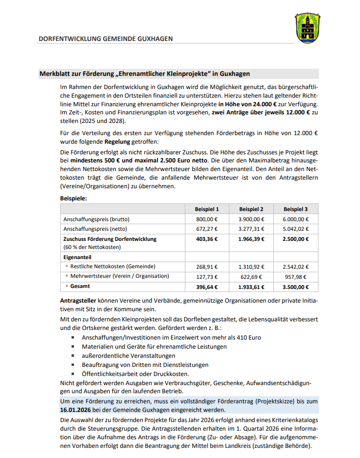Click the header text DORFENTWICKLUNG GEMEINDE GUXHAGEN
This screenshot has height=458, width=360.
click(106, 38)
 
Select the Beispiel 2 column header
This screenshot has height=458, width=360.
click(251, 209)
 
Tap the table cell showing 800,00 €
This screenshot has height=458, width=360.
click(207, 219)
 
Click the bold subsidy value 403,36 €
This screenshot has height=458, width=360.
click(207, 239)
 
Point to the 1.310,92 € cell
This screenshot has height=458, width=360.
click(251, 266)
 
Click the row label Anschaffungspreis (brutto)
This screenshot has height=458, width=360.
click(96, 219)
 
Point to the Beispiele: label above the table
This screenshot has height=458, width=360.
click(73, 198)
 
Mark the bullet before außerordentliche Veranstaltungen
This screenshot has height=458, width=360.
click(71, 356)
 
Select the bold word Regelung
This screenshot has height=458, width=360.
click(117, 142)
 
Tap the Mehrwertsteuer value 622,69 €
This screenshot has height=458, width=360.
click(251, 276)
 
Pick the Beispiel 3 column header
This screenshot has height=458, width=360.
click(296, 209)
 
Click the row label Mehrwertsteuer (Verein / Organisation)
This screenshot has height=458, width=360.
click(119, 276)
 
